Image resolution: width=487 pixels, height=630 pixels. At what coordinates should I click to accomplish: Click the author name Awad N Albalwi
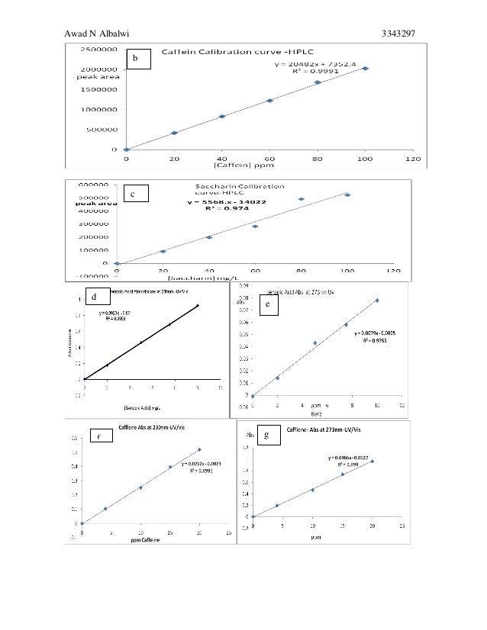coord(104,33)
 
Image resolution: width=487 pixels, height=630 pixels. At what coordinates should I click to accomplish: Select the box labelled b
coord(137,58)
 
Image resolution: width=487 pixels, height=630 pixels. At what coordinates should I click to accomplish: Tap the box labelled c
coord(133,195)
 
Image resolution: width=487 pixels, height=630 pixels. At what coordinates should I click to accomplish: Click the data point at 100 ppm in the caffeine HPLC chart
coord(366,69)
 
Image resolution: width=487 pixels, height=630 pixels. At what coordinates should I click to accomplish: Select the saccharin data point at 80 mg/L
coord(302,199)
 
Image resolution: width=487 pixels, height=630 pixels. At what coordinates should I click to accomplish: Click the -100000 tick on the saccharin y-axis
coord(92,276)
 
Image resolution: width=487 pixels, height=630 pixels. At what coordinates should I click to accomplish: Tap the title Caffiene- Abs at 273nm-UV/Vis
coord(324,432)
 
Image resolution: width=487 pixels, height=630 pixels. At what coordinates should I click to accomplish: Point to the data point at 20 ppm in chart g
coord(373,461)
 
